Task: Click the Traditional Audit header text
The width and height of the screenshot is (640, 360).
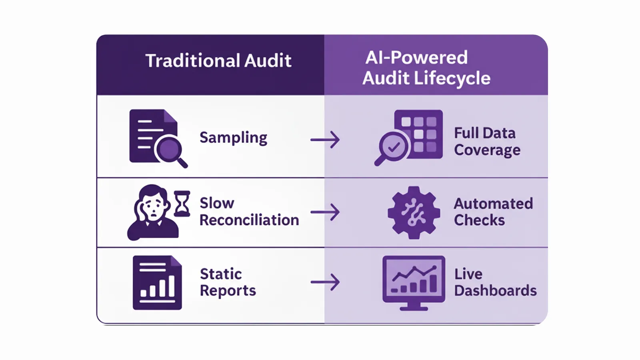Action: point(218,61)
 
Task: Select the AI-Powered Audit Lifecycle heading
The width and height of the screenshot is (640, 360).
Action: point(426,68)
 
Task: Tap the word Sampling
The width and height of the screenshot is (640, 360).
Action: point(233,138)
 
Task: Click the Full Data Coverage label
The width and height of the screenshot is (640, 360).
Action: point(487,142)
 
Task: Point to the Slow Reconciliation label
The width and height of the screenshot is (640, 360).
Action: point(249,212)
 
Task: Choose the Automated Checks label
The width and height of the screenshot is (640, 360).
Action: point(493,212)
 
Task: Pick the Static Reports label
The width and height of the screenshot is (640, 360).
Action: point(228,282)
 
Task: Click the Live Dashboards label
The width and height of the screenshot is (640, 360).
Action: point(495,282)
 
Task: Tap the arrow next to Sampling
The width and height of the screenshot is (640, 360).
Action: point(325,140)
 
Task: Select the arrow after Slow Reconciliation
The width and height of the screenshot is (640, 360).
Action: point(325,212)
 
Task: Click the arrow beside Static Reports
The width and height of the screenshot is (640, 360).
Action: point(325,282)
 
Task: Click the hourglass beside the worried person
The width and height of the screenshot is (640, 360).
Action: point(182,204)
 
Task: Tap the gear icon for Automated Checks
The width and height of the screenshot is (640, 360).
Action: point(414,212)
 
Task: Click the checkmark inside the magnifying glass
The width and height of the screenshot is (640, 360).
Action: point(394,147)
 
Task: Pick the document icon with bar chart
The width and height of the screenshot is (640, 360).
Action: point(157,282)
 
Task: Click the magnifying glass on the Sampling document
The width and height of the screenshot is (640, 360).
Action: point(170,150)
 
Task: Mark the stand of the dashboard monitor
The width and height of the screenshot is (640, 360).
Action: point(414,306)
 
